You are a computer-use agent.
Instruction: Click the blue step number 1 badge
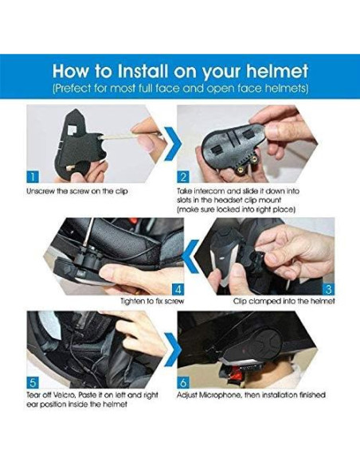coord(33,177)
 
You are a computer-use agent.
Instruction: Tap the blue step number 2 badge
coord(183,177)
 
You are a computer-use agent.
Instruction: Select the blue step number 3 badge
coord(329,289)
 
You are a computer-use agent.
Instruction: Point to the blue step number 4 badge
coord(178,289)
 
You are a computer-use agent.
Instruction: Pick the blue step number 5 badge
coord(33,382)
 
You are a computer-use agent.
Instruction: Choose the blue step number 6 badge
coord(183,382)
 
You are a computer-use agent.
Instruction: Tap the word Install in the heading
coord(143,71)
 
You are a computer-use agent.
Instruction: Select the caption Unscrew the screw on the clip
coord(77,191)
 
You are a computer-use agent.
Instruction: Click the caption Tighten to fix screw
coord(152,301)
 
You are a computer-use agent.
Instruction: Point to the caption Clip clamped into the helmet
coord(284,301)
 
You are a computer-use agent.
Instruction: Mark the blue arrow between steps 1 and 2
coord(173,143)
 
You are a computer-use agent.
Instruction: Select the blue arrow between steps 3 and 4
coord(190,256)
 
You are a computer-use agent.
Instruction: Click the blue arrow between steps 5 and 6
coord(173,350)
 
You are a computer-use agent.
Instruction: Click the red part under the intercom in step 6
coord(237,371)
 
